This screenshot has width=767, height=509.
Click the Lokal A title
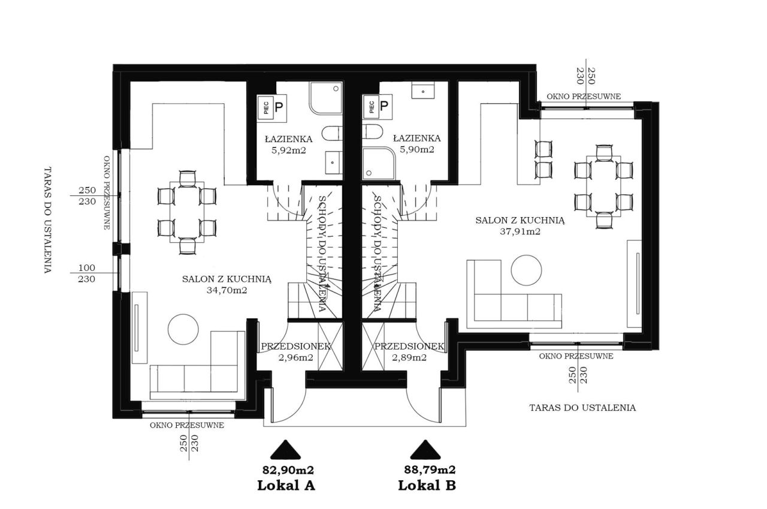point(286,486)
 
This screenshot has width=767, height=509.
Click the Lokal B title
point(427,486)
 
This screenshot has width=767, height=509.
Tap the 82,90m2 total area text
point(288,470)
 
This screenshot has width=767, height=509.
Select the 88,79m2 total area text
point(430,469)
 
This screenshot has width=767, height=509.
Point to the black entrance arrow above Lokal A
point(285,450)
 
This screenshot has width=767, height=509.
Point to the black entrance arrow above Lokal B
point(425,450)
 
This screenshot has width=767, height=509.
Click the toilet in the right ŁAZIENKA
point(372,131)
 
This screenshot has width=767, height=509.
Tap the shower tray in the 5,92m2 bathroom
point(325,98)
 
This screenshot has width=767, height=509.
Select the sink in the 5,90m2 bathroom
point(423,91)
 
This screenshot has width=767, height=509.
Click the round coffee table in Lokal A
point(183,329)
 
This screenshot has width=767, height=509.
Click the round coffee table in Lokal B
point(526,270)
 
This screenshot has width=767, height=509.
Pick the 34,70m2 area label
point(227,290)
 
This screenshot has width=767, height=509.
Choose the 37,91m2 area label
point(520,231)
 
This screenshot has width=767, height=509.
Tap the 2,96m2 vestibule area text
point(296,357)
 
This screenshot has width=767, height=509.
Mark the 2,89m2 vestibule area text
point(409,357)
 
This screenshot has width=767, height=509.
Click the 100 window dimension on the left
point(87,267)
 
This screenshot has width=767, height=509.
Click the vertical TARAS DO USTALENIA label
point(47,220)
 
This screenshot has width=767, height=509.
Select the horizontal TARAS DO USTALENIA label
point(582,408)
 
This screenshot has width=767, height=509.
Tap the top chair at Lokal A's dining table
point(188,179)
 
